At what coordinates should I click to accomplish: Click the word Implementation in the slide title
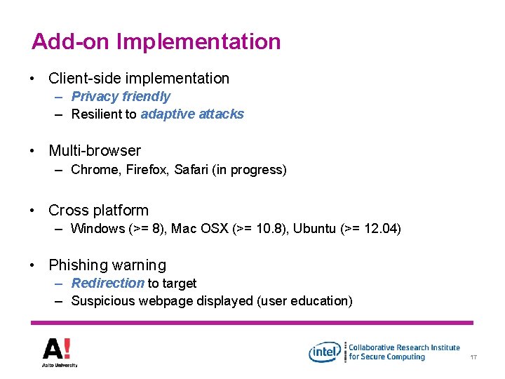pyautogui.click(x=198, y=42)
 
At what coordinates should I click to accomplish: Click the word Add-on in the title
pyautogui.click(x=71, y=41)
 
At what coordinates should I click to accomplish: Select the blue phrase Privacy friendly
pyautogui.click(x=121, y=97)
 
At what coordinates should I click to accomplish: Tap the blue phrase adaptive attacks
pyautogui.click(x=192, y=114)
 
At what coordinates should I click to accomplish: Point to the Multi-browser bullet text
pyautogui.click(x=95, y=151)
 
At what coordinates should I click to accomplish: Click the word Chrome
pyautogui.click(x=94, y=170)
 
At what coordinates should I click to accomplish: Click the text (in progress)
pyautogui.click(x=249, y=170)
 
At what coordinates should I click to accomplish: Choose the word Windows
pyautogui.click(x=97, y=229)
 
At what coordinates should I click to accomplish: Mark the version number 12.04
pyautogui.click(x=379, y=229)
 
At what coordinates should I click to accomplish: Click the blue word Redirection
pyautogui.click(x=107, y=284)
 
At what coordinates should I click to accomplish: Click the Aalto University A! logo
pyautogui.click(x=58, y=351)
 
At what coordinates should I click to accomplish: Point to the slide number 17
pyautogui.click(x=474, y=358)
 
